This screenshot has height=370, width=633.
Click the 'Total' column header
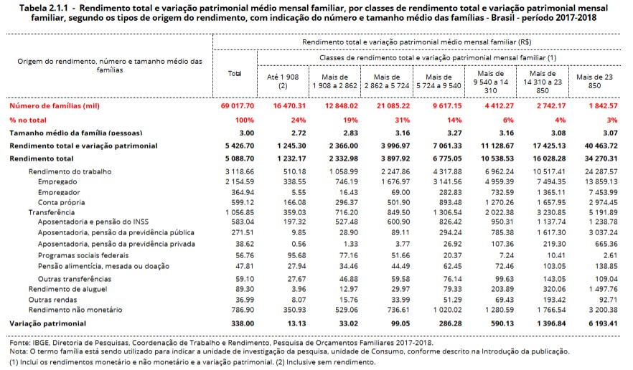234,74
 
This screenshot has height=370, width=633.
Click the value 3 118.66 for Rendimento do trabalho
234,172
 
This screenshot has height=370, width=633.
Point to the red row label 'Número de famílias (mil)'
53,106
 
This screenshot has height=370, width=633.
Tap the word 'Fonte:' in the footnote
18,342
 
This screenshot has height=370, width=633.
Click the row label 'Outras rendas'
53,299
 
